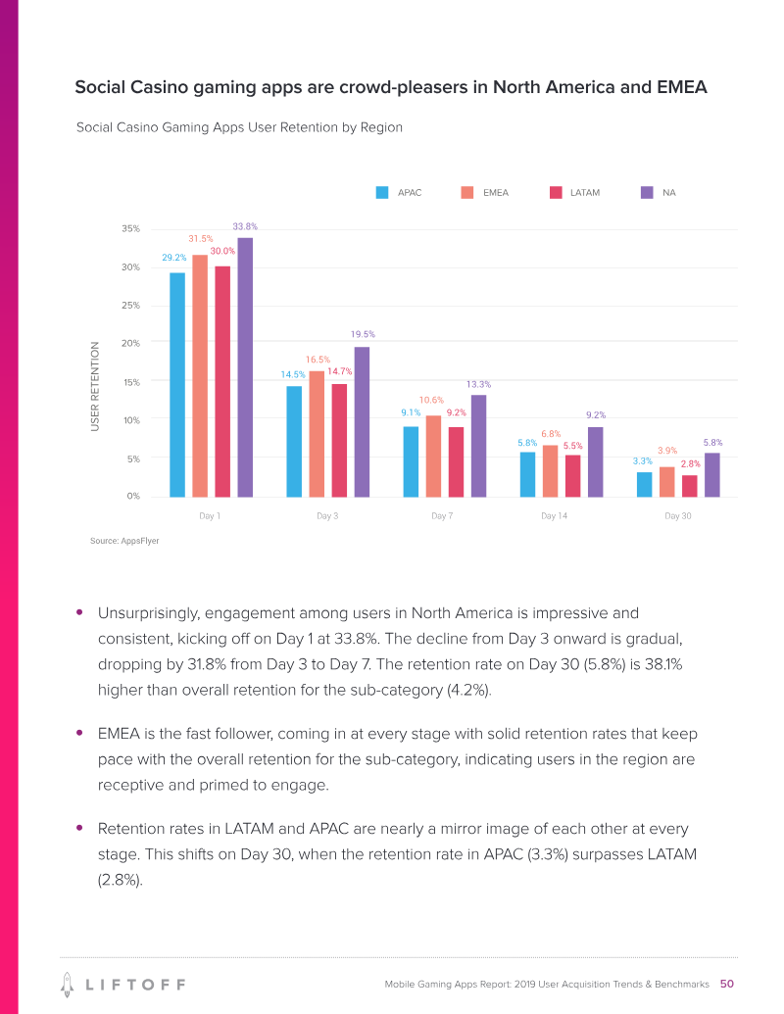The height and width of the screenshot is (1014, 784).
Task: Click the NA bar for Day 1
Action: tap(245, 367)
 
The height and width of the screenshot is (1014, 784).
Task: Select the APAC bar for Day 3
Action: tap(294, 442)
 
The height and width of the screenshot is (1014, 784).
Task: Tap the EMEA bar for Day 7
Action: tap(433, 457)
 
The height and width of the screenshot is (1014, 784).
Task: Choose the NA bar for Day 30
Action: tap(712, 475)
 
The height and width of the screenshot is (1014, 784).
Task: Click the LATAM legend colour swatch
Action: tap(556, 193)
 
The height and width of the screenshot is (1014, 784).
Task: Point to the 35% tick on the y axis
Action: tap(130, 229)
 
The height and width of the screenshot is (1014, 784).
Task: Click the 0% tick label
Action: tap(132, 497)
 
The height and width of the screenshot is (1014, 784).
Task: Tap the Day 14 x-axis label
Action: tap(554, 516)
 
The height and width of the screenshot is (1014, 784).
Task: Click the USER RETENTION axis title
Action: tap(95, 386)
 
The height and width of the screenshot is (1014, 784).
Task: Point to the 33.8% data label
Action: tap(245, 226)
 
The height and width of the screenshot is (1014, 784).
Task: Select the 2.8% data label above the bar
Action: tap(690, 463)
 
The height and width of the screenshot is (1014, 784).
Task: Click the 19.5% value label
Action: tap(363, 335)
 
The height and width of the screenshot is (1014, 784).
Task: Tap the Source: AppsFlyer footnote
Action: tap(124, 541)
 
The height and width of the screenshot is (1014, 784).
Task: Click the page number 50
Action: tap(727, 984)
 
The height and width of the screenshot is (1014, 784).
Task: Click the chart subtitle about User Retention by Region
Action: tap(239, 127)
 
